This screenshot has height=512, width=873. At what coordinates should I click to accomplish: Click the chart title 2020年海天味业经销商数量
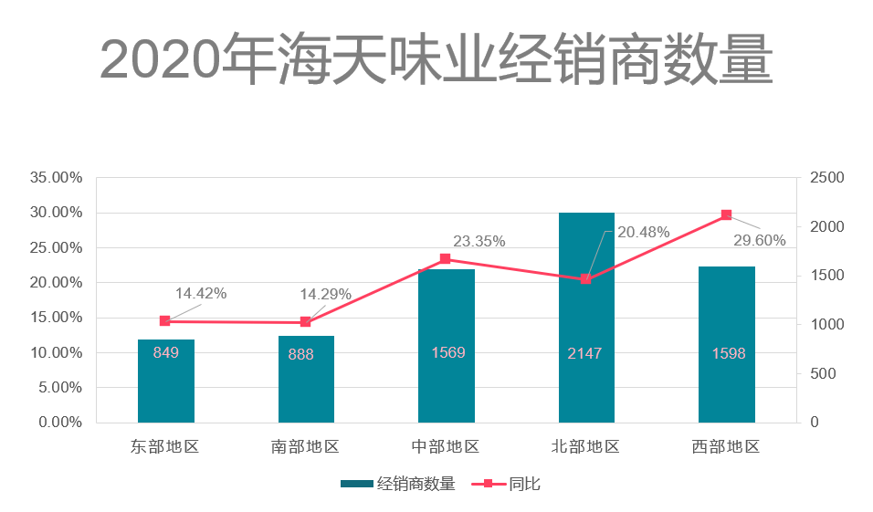coord(436,59)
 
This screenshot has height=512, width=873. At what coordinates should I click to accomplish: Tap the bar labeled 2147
coord(586,319)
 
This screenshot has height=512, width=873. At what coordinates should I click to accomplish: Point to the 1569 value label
coord(447,352)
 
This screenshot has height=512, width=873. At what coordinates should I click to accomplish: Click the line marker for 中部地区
coord(446,259)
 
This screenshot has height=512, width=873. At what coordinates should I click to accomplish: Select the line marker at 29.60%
coord(727,215)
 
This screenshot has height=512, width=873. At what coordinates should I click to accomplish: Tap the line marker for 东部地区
coord(165,321)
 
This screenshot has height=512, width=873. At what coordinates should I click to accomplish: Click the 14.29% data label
coord(326,294)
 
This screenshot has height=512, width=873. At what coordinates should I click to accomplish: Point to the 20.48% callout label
coord(644,233)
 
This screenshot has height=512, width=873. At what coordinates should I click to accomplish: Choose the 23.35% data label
coord(479,241)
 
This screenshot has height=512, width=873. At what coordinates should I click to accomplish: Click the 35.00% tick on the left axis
coord(57,178)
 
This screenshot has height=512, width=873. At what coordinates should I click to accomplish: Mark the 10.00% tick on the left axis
coord(57,353)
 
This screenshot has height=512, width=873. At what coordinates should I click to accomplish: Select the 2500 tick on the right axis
coord(826,178)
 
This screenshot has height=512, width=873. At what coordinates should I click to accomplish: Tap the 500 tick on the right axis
coord(822,374)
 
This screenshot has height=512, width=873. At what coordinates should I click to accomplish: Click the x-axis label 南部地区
coord(305,447)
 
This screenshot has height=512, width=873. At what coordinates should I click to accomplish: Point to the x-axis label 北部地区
coord(585,447)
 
